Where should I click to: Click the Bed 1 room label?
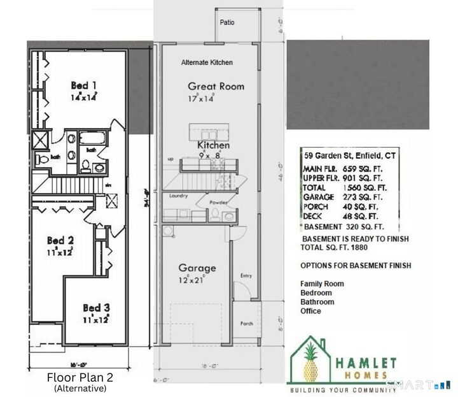click(x=83, y=85)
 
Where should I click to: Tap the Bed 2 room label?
click(x=61, y=241)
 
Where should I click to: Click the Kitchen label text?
click(x=213, y=146)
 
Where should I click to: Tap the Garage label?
click(x=197, y=268)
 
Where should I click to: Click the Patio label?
click(x=227, y=22)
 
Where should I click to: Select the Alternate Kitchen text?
click(x=207, y=62)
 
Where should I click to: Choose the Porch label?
click(x=247, y=324)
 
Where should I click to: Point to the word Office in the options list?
click(x=310, y=311)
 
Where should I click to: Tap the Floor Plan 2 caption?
click(x=80, y=377)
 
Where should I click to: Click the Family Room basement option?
click(x=322, y=284)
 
